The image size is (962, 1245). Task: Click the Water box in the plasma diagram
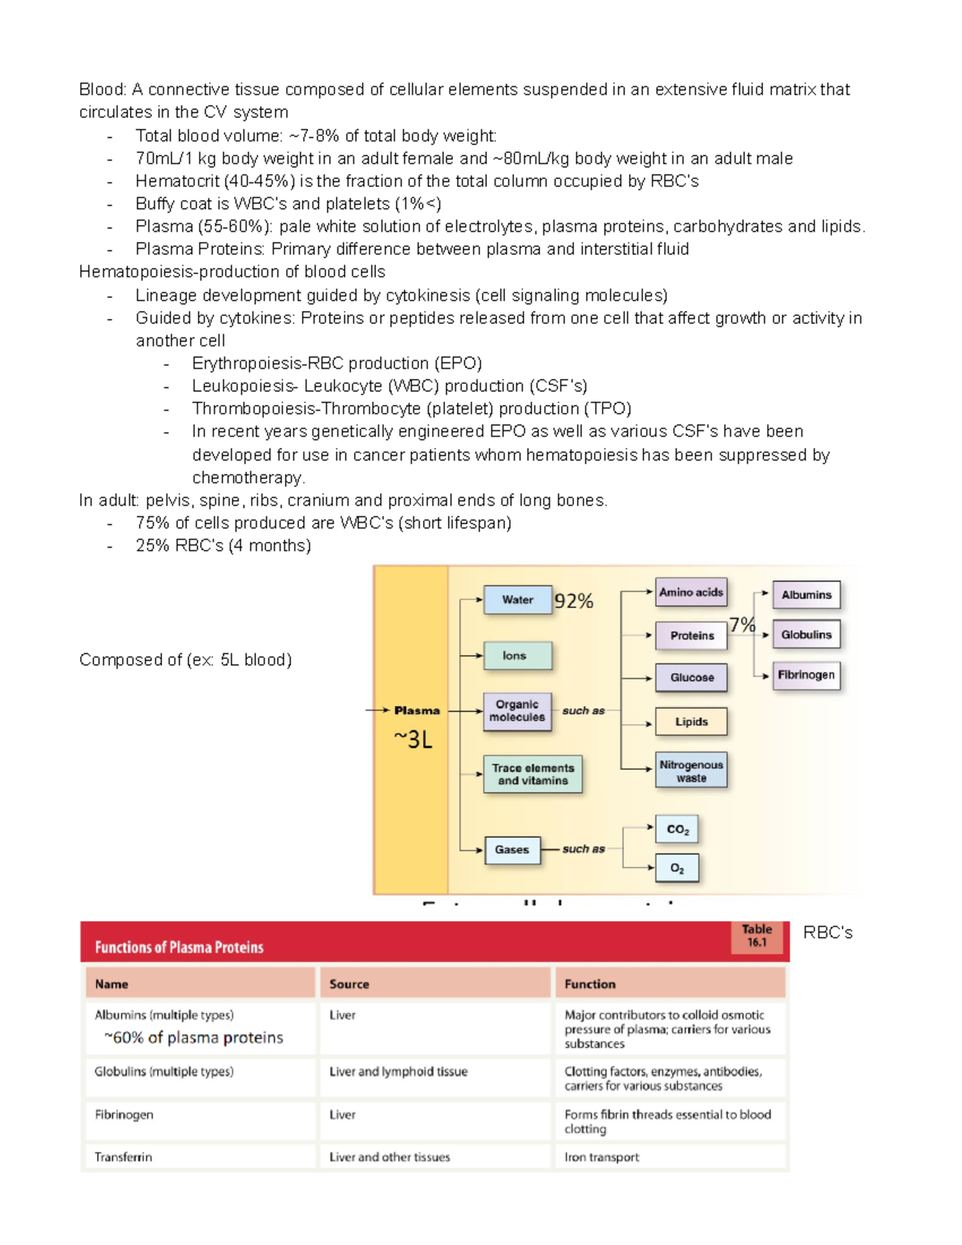(518, 600)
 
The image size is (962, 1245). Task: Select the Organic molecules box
(517, 711)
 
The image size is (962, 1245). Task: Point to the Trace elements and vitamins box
(532, 774)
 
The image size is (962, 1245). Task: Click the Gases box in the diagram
(511, 850)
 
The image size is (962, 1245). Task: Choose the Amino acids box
(691, 592)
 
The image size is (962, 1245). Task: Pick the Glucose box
(691, 677)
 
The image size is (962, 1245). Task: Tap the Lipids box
(691, 722)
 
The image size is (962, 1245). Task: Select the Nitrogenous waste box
(691, 771)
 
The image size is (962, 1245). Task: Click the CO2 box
(677, 830)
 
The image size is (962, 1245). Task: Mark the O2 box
(677, 868)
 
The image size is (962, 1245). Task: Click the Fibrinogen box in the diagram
(806, 675)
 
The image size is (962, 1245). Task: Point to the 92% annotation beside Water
(574, 601)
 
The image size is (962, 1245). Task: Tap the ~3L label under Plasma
(413, 739)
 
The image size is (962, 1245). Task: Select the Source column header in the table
(350, 984)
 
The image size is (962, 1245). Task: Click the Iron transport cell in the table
(602, 1157)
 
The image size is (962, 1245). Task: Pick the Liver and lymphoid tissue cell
(398, 1072)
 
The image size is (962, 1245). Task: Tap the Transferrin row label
(123, 1157)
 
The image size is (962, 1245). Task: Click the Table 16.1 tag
(757, 936)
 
